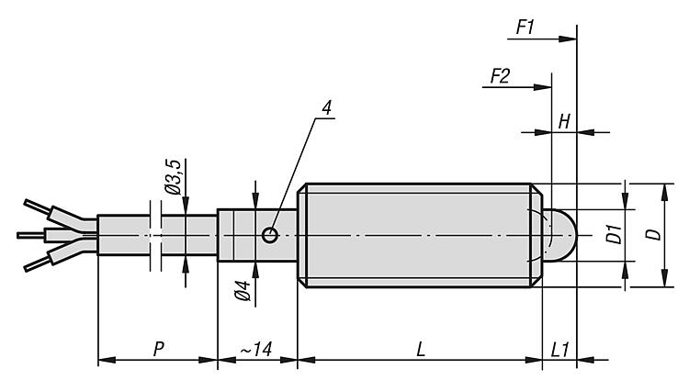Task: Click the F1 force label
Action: [525, 28]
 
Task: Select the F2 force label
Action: [500, 76]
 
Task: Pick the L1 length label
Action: [559, 350]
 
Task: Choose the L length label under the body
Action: [420, 350]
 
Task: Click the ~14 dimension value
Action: [256, 350]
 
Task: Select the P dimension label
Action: [158, 350]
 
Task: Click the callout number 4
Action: [327, 106]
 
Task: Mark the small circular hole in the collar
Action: [269, 235]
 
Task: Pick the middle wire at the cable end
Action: [41, 235]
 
